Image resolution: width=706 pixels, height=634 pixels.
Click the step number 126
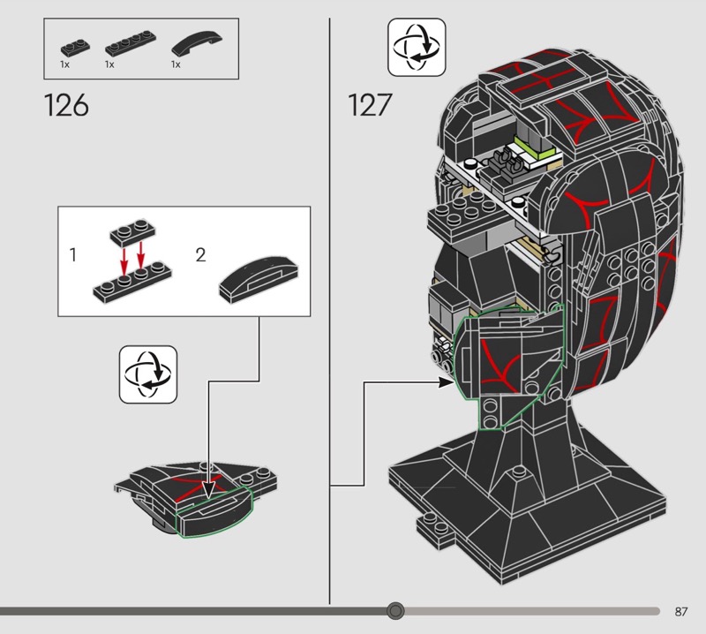coord(67,105)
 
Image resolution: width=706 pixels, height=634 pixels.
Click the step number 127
coord(370,105)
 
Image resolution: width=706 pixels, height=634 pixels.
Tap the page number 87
coord(681,611)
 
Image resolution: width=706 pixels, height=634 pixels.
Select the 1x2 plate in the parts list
coord(75,48)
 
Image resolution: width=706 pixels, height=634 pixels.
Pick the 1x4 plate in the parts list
coord(131,43)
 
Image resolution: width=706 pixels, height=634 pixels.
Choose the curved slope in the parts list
coord(197,43)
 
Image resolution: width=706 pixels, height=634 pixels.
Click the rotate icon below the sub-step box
coord(148,374)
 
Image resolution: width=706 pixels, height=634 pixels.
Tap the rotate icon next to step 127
coord(417,47)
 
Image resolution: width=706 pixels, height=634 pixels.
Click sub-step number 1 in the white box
coord(73,255)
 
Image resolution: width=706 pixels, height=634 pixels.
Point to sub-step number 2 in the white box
coord(201,255)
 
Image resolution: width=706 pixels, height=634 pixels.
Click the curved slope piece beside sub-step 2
coord(259,279)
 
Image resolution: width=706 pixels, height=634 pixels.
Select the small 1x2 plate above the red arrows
coord(133,232)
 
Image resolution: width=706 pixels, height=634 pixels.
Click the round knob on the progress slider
coord(395,611)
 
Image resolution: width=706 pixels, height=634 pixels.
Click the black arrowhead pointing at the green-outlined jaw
coord(447,382)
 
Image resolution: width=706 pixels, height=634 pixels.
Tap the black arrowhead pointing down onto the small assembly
coord(208,490)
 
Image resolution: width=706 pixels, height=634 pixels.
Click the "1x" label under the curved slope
coord(176,64)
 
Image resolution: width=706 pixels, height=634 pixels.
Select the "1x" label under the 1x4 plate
coord(109,64)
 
